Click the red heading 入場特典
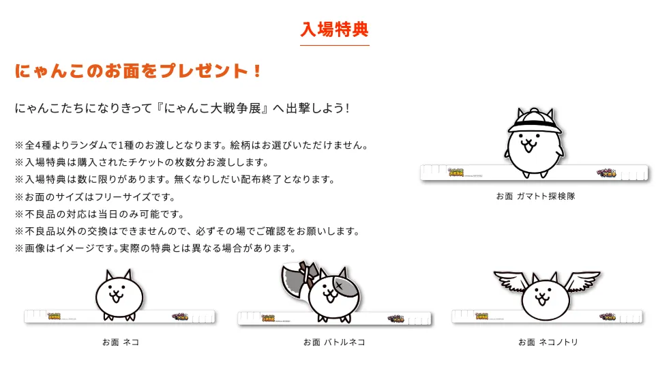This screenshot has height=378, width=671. click(x=334, y=30)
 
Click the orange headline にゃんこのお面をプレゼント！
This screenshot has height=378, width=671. click(x=138, y=71)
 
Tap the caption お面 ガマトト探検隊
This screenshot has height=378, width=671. click(x=535, y=196)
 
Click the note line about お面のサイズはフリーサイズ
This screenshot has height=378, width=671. click(x=95, y=197)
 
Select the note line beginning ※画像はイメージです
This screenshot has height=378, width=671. click(x=155, y=248)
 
